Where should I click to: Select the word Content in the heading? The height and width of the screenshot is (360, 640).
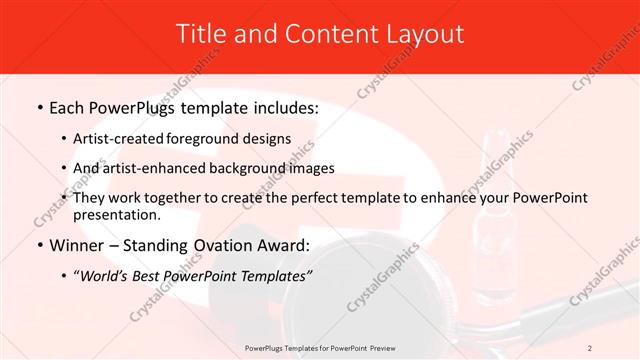[321, 33]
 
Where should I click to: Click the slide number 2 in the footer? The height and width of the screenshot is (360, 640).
[590, 347]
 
